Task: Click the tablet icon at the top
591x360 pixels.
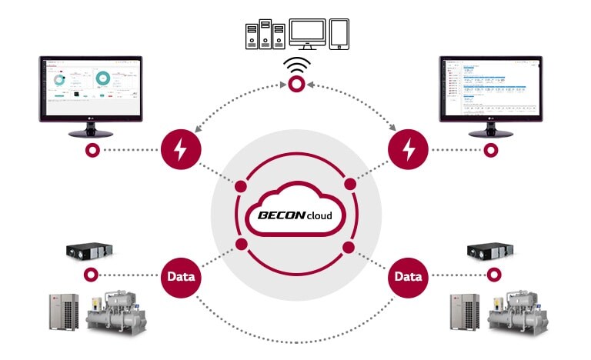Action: [x=340, y=35]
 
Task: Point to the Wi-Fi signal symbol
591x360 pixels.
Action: [x=295, y=66]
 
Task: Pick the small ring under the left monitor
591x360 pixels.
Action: [x=92, y=149]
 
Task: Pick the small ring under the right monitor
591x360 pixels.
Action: [x=488, y=149]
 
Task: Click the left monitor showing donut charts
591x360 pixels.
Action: [x=90, y=88]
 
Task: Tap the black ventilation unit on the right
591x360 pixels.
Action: [x=490, y=252]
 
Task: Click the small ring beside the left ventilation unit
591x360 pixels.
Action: [x=92, y=274]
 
